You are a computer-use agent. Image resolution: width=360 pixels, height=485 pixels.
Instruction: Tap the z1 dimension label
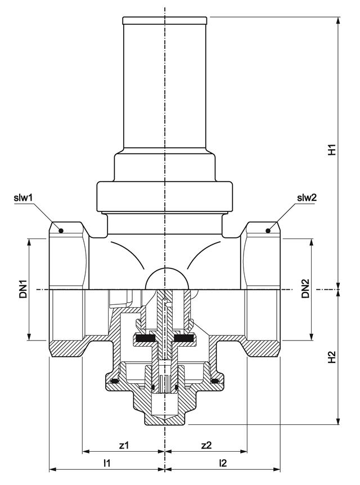(124, 445)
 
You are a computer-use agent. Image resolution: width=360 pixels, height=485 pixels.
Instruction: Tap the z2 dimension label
(206, 445)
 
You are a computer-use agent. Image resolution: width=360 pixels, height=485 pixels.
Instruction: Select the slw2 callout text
(307, 197)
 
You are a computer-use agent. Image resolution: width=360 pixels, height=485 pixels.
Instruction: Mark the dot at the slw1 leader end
(61, 230)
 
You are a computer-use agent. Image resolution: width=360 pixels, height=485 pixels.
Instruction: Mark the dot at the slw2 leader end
(269, 230)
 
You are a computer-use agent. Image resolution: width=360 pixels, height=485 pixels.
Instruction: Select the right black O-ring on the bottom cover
(214, 382)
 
